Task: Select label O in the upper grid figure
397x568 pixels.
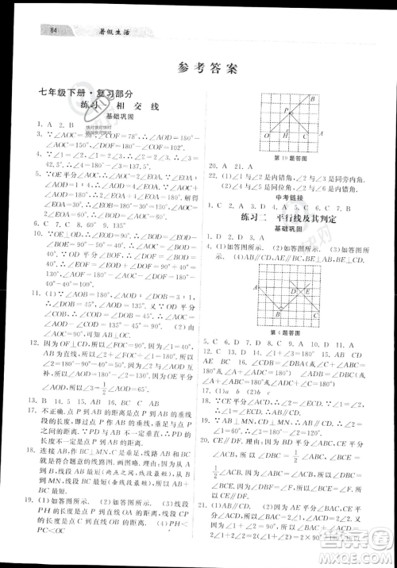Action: pyautogui.click(x=268, y=136)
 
